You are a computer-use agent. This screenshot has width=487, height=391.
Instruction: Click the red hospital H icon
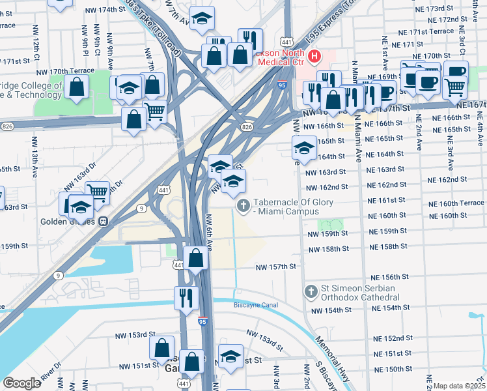point(315,57)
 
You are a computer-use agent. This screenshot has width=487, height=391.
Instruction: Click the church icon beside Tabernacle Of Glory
point(244,207)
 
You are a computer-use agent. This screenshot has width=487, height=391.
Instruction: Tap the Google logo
point(21,383)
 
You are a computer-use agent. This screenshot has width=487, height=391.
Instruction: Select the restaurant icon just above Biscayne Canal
point(186,298)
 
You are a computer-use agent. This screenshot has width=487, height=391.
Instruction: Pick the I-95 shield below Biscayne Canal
point(203,321)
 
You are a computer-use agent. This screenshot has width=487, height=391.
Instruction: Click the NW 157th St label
point(276,267)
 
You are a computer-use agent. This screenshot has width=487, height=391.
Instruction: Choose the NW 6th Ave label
point(210,231)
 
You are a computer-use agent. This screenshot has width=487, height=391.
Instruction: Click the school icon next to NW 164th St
point(304,148)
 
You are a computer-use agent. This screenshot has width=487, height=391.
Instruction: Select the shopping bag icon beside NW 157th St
point(196,257)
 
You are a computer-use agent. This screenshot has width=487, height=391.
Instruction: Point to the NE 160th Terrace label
point(462,203)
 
